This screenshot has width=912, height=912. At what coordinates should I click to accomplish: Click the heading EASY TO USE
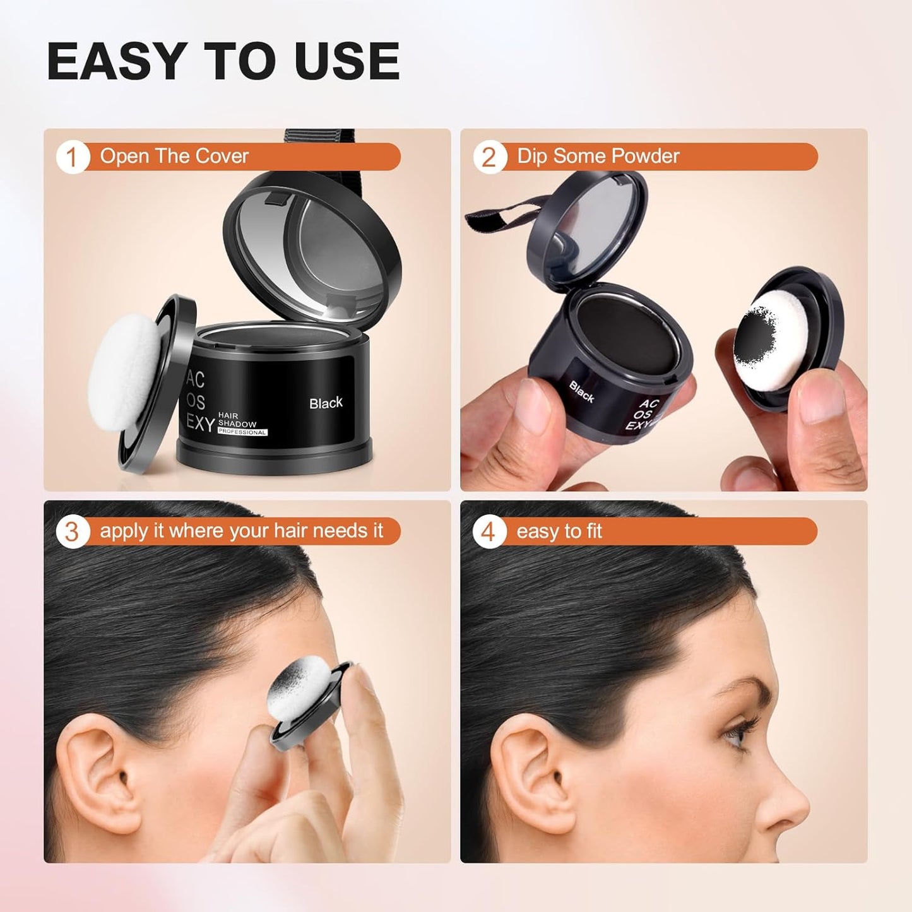pyautogui.click(x=223, y=61)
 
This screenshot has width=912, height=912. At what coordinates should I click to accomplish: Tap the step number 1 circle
pyautogui.click(x=71, y=157)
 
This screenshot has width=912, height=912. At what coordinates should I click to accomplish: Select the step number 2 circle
pyautogui.click(x=489, y=157)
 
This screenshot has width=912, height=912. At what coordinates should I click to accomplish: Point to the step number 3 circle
pyautogui.click(x=71, y=531)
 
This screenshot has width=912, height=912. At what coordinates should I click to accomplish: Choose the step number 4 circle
pyautogui.click(x=489, y=531)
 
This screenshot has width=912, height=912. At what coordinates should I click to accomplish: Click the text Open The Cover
pyautogui.click(x=174, y=156)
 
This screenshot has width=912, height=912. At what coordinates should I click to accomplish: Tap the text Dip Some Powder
pyautogui.click(x=598, y=156)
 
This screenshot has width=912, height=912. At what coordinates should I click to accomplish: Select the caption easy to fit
pyautogui.click(x=559, y=531)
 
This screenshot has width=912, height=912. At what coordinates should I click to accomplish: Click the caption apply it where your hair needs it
pyautogui.click(x=241, y=531)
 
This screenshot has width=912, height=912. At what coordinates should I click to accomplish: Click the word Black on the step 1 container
pyautogui.click(x=326, y=403)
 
